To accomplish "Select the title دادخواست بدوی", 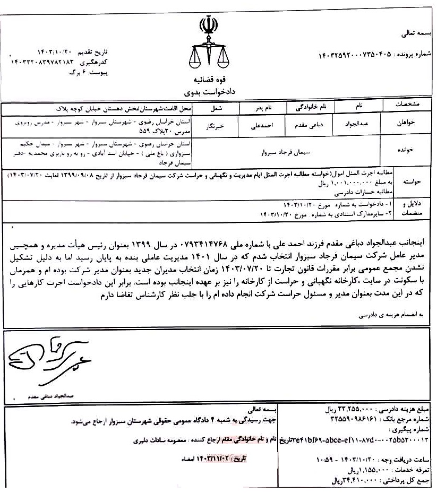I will (208, 92).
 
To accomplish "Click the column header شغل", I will (212, 107).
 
